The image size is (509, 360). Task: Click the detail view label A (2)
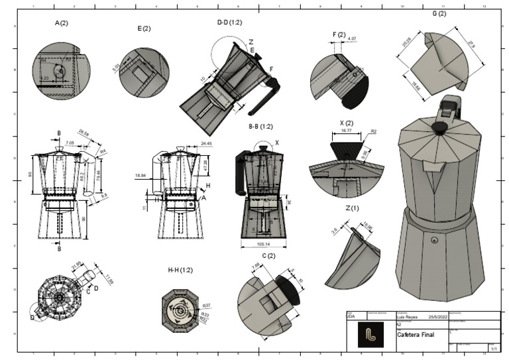click(x=62, y=23)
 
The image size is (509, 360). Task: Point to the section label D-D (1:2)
click(x=230, y=22)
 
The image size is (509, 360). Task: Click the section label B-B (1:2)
click(x=260, y=126)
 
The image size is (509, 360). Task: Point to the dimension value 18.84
click(x=140, y=175)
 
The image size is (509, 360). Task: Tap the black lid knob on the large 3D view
click(x=439, y=127)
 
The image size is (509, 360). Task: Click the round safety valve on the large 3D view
click(x=434, y=239)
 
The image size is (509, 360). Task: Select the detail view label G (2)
click(x=439, y=13)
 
